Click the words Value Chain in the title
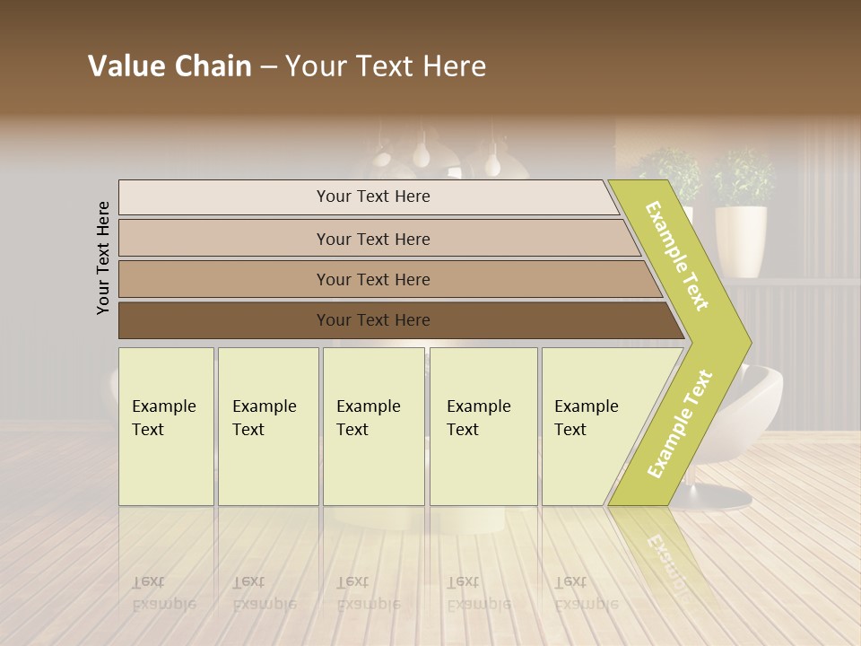coord(170,66)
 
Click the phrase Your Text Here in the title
coord(386,66)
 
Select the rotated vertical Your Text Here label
coord(104,258)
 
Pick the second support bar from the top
coord(372,239)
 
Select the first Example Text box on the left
coord(166,426)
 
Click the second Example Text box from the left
coord(268,426)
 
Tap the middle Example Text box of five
coord(373,426)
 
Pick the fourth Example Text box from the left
coord(483,426)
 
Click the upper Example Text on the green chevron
coord(677,257)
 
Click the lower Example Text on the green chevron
coord(679,423)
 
